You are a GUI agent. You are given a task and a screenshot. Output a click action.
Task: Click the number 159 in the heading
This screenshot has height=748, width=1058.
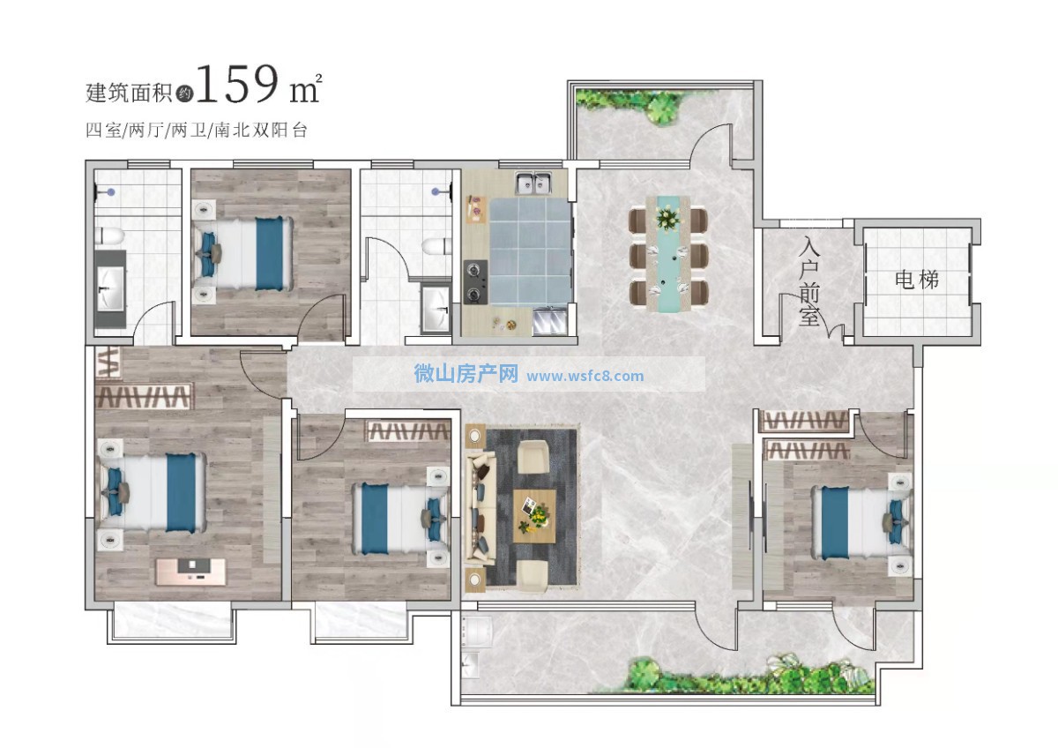pyautogui.click(x=236, y=84)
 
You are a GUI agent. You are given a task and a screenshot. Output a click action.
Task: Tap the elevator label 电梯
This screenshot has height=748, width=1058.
pyautogui.click(x=917, y=280)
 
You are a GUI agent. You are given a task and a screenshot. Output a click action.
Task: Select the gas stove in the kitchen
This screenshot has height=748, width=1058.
pyautogui.click(x=474, y=281)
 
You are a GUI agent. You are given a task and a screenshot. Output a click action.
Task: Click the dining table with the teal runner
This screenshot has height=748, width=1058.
pyautogui.click(x=668, y=254)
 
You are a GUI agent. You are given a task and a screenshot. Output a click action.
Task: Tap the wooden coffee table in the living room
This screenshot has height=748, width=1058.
pyautogui.click(x=534, y=516)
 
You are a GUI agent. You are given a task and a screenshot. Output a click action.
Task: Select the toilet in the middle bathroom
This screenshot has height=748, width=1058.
pyautogui.click(x=436, y=247)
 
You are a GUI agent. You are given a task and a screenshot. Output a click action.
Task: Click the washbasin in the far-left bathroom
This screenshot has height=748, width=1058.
pyautogui.click(x=111, y=288)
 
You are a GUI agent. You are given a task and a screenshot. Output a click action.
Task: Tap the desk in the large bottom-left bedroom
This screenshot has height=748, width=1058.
pyautogui.click(x=190, y=572)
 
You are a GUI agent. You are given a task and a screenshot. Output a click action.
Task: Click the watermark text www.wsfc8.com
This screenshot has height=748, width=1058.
pyautogui.click(x=585, y=376)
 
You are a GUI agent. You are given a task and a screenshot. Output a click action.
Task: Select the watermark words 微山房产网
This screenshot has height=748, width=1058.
pyautogui.click(x=466, y=374)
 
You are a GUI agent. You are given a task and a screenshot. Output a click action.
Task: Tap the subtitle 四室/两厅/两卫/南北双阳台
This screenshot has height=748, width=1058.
pyautogui.click(x=197, y=130)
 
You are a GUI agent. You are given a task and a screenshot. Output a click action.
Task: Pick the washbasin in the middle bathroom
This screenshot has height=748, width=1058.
pyautogui.click(x=435, y=308)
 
